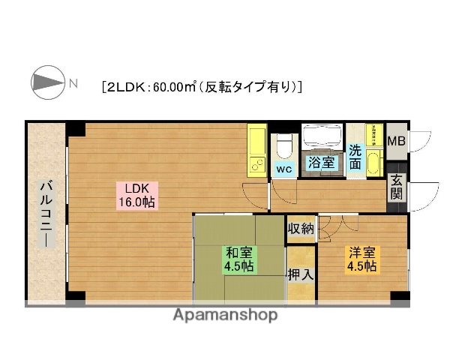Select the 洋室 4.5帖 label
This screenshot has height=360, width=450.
[361, 259]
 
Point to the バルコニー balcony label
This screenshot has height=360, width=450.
[45, 214]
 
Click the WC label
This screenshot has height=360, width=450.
[283, 169]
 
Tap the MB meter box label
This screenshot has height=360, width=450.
[397, 139]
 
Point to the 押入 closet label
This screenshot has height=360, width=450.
[301, 275]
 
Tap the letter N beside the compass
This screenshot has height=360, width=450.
[73, 82]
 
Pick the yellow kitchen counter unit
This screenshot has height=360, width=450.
[257, 151]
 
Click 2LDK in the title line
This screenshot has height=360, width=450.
[126, 86]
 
